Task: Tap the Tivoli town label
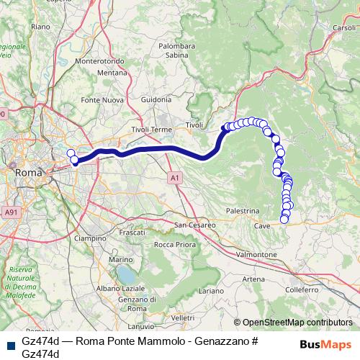[194, 125]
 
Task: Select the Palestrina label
[242, 210]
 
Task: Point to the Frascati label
[132, 233]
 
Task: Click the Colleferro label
[301, 289]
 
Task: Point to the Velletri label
[184, 317]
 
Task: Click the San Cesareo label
[195, 225]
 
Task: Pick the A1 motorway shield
[175, 176]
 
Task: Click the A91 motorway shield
[10, 212]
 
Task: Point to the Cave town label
[261, 226]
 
